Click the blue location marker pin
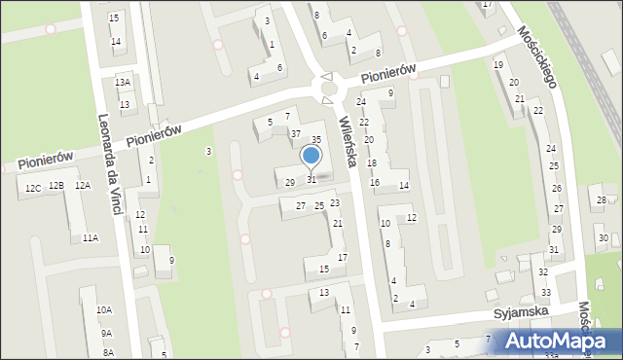[311, 156]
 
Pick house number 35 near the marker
[315, 140]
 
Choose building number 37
[295, 132]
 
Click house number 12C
[33, 187]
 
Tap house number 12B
[56, 186]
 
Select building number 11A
[90, 237]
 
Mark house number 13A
[122, 83]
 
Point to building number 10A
[103, 309]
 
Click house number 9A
[106, 333]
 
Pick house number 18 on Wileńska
[371, 162]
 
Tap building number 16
[375, 183]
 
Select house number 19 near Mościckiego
[497, 64]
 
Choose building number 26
[557, 188]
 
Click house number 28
[600, 200]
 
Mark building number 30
[604, 238]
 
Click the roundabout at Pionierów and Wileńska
[329, 90]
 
